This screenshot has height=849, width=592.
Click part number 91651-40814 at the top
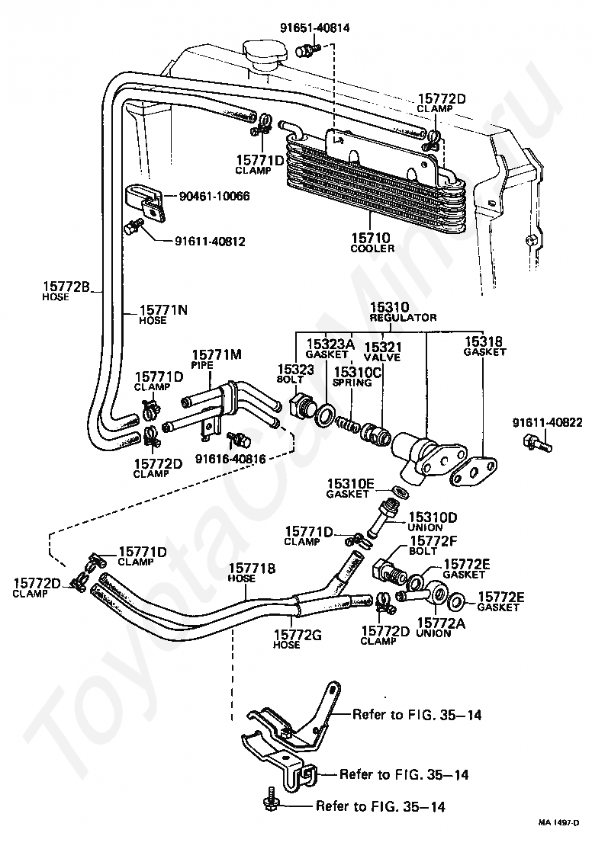(x=315, y=27)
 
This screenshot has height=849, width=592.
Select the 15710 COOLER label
(x=372, y=242)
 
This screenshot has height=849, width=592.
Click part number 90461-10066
(x=214, y=196)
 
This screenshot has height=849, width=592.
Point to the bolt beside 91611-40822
(x=537, y=444)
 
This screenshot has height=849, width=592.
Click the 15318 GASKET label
(x=484, y=347)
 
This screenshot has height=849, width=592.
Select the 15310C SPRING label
(x=357, y=376)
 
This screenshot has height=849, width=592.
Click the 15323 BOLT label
(x=295, y=374)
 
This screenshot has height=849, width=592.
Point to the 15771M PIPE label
(x=217, y=360)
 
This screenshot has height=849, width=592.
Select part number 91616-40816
(x=231, y=459)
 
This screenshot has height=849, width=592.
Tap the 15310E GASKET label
(x=350, y=488)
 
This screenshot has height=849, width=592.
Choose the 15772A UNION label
(x=441, y=628)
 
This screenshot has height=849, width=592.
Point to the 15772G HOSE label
(x=297, y=639)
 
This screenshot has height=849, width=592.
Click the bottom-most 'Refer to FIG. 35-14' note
(x=381, y=807)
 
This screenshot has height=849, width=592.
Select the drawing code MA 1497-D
(x=558, y=837)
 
